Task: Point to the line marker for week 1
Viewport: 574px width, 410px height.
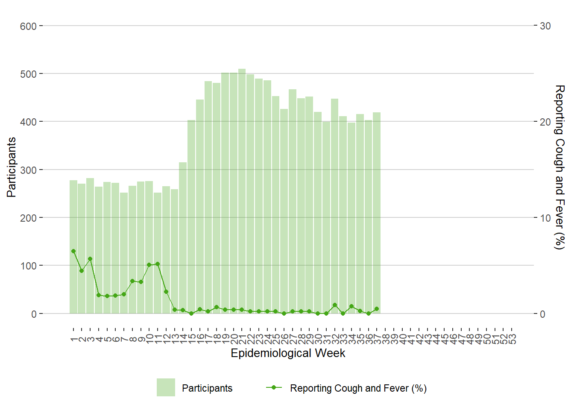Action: point(73,251)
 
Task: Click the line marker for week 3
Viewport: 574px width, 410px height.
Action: point(90,259)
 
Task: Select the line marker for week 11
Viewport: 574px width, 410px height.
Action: point(158,264)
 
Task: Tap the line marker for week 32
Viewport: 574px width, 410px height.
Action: point(334,305)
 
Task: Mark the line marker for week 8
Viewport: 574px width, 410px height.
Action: point(132,281)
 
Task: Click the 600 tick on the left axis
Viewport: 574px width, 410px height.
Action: point(28,26)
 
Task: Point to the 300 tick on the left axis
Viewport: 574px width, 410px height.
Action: point(28,170)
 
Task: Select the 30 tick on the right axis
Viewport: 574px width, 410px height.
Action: point(545,26)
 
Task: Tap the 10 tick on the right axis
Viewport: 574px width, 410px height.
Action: point(545,218)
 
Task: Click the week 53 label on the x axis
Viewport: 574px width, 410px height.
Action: point(512,339)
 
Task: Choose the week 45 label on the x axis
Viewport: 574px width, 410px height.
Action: point(445,339)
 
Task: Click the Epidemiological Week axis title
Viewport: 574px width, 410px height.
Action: point(288,353)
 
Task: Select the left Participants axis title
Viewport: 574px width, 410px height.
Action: point(12,167)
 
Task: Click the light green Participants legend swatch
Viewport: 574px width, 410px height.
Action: point(166,387)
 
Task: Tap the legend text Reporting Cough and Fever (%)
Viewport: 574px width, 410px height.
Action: point(358,388)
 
